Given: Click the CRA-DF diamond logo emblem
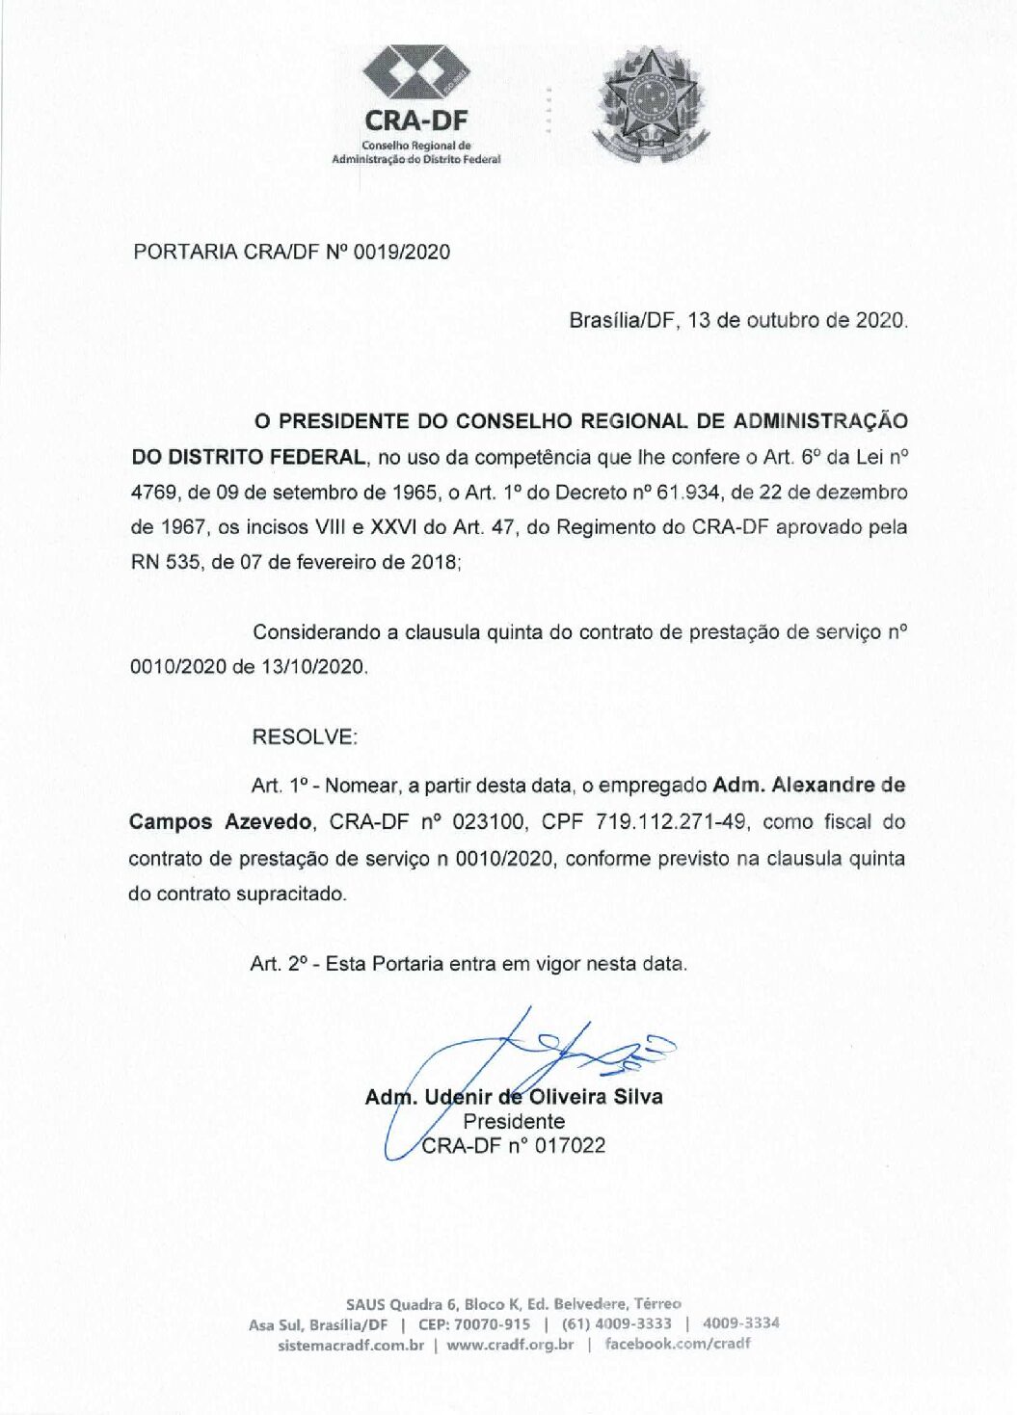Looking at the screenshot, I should [x=415, y=72].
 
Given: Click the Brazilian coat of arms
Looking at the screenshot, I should [x=652, y=105].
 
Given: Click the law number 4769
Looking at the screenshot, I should [x=153, y=493].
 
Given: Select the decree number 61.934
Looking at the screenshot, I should [x=687, y=493].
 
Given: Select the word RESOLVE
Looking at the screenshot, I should [x=303, y=737].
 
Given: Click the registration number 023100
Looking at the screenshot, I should [x=489, y=822].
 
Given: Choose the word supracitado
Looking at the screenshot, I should [x=289, y=894].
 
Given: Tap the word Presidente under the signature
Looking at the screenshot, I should [x=514, y=1122].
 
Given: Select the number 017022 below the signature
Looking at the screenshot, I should [x=570, y=1146].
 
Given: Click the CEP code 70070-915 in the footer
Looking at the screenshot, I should [x=492, y=1324].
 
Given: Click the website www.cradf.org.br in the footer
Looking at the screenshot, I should [x=510, y=1345].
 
